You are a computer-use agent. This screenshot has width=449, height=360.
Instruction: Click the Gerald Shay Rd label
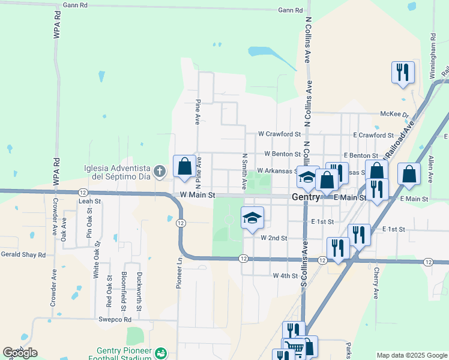point(23,254)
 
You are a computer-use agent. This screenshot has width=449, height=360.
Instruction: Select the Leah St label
point(89,201)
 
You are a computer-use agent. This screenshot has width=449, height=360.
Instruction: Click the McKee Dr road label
point(394,114)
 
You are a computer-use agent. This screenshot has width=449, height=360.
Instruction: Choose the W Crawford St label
point(279,134)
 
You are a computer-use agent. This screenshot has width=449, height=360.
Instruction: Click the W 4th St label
point(285,276)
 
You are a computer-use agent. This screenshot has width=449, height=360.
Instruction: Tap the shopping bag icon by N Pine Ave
point(184,166)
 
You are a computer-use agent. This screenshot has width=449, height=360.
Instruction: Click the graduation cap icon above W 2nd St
point(253,217)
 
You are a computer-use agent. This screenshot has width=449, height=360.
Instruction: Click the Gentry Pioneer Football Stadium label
point(124,355)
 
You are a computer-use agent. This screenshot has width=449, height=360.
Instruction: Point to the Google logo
point(20,353)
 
